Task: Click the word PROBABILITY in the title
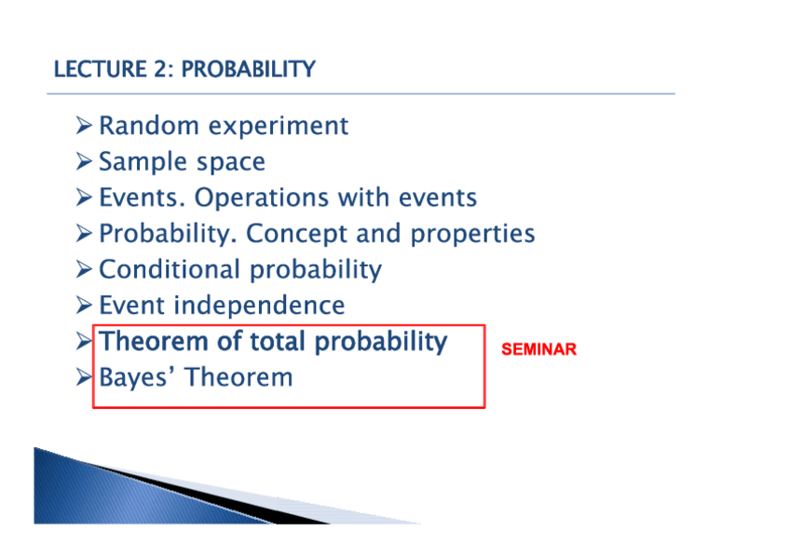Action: tap(249, 69)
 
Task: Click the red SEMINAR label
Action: tap(538, 349)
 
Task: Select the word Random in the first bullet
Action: tap(149, 126)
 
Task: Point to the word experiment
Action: tap(279, 127)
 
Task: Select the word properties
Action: tap(472, 234)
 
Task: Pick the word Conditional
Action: tap(170, 269)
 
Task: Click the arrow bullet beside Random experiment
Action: tap(84, 126)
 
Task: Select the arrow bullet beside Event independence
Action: tap(84, 306)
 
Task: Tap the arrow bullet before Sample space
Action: tap(84, 161)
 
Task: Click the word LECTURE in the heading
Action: tap(100, 69)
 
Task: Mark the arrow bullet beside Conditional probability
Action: tap(84, 269)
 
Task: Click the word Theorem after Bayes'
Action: tap(238, 377)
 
